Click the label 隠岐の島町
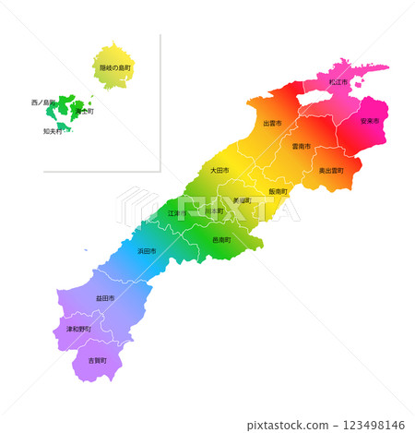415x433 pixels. pyautogui.click(x=116, y=68)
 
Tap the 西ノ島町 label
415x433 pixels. pyautogui.click(x=43, y=102)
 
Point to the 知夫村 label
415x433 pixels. pyautogui.click(x=53, y=131)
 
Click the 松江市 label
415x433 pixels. pyautogui.click(x=338, y=82)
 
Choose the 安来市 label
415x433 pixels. pyautogui.click(x=370, y=121)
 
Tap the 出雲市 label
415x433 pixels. pyautogui.click(x=272, y=123)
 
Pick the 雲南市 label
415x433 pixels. pyautogui.click(x=301, y=146)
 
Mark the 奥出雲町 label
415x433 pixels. pyautogui.click(x=331, y=171)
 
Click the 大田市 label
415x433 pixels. pyautogui.click(x=219, y=170)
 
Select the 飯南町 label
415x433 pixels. pyautogui.click(x=278, y=191)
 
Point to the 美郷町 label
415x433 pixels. pyautogui.click(x=242, y=199)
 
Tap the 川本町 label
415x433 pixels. pyautogui.click(x=214, y=210)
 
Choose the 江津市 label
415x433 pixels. pyautogui.click(x=176, y=213)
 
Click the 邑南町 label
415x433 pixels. pyautogui.click(x=221, y=239)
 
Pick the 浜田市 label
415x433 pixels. pyautogui.click(x=147, y=251)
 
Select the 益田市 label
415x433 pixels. pyautogui.click(x=104, y=298)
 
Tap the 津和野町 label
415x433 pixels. pyautogui.click(x=78, y=329)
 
